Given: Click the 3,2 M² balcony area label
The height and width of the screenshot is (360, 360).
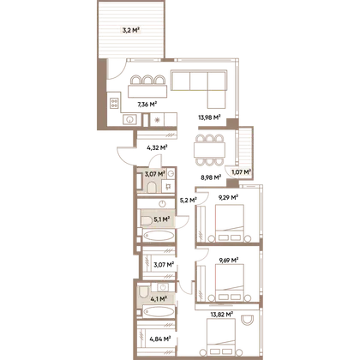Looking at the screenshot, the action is (x=131, y=30).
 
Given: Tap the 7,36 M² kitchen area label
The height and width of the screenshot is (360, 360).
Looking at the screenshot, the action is (x=147, y=105).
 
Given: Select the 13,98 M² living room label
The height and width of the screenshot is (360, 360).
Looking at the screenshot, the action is (x=209, y=117).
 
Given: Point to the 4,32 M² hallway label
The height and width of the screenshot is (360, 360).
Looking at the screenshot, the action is (x=157, y=147).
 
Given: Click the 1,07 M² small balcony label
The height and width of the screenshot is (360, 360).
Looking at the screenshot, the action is (x=241, y=172).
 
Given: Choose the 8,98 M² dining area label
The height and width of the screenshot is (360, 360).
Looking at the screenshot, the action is (x=211, y=177).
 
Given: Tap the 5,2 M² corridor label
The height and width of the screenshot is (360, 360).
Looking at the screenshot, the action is (x=188, y=201).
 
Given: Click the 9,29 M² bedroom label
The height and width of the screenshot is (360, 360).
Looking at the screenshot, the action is (x=228, y=197).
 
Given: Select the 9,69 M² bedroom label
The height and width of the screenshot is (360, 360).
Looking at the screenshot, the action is (x=229, y=261).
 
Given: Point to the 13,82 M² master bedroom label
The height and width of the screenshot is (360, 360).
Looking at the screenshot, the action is (x=222, y=315).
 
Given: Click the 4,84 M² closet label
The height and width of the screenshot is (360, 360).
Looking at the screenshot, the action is (x=160, y=339).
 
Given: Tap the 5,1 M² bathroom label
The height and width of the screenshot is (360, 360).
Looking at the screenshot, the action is (x=162, y=219).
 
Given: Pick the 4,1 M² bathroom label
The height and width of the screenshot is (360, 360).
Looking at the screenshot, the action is (x=159, y=299).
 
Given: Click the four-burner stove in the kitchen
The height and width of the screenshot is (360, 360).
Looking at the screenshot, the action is (x=114, y=103).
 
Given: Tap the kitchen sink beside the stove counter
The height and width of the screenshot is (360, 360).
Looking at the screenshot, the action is (x=130, y=119).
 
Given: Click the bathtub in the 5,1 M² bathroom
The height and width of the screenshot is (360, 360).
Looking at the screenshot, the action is (x=159, y=236).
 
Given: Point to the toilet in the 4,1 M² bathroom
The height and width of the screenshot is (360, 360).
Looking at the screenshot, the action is (x=143, y=291).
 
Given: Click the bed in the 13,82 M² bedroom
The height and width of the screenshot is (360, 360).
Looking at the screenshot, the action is (x=220, y=337).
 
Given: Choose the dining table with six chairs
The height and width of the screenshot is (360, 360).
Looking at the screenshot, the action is (x=209, y=150).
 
